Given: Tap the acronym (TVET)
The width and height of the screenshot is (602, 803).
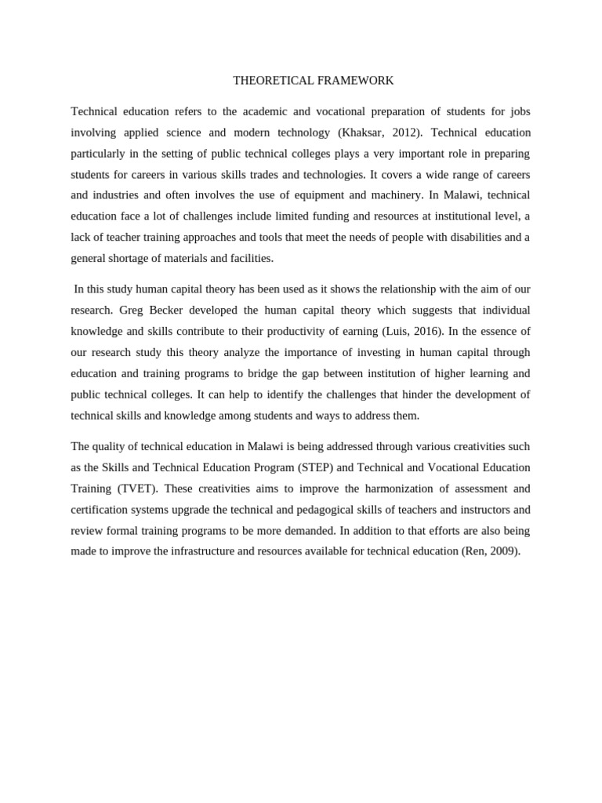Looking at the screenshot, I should coord(137,488).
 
